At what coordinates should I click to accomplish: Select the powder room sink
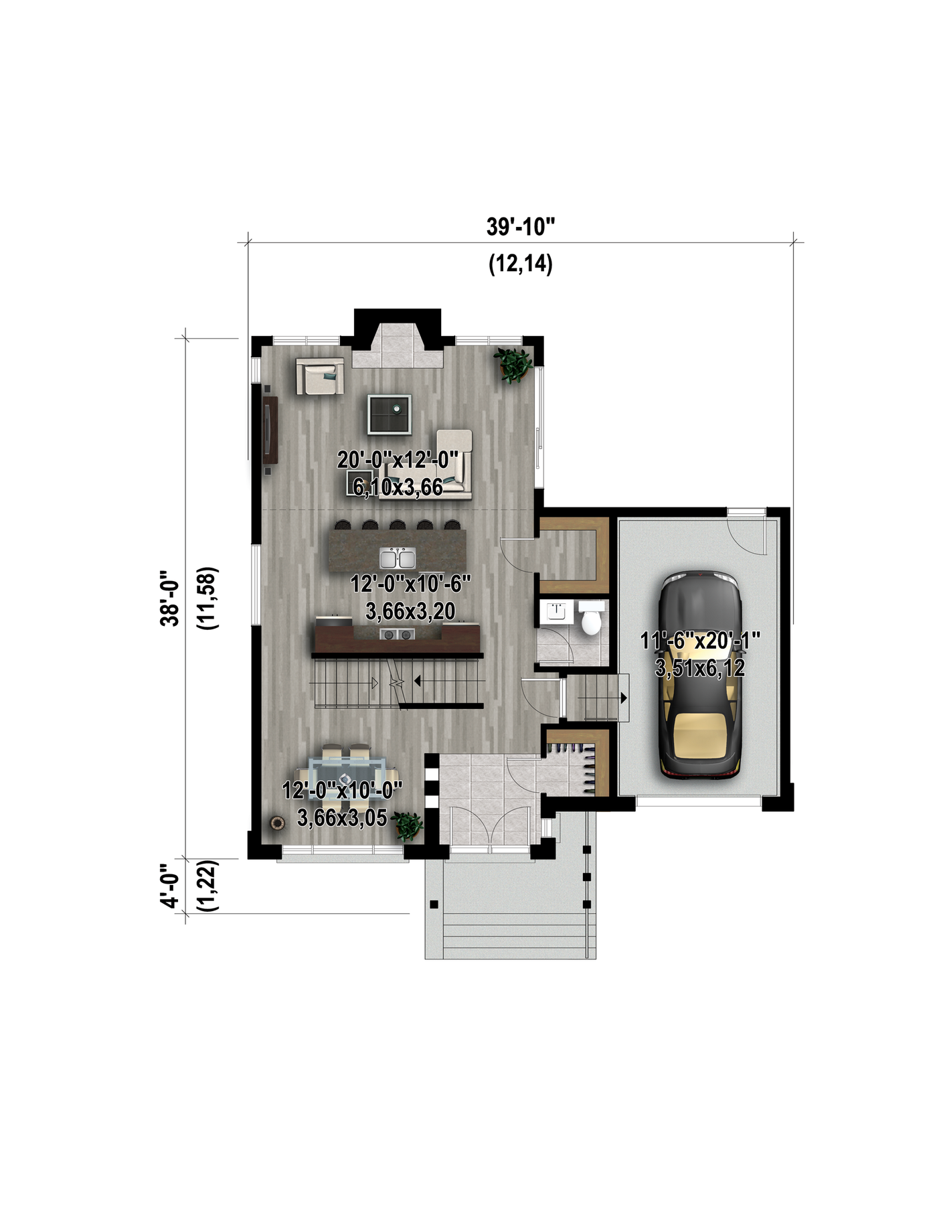coord(557,611)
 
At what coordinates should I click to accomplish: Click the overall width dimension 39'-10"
coord(521,227)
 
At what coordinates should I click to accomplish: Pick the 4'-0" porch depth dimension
coord(170,885)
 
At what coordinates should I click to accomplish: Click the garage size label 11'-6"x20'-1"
coord(700,641)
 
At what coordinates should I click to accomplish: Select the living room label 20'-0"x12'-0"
coord(398,461)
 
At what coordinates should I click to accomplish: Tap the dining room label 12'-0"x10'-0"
coord(342,791)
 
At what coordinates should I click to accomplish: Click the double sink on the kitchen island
coord(398,558)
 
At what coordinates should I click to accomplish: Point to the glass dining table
coord(348,775)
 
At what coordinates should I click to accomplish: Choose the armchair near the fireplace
coord(320,376)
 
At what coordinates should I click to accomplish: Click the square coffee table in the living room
coord(389,414)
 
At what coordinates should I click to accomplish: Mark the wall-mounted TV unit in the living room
coord(270,429)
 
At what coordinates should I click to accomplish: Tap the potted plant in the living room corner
coord(514,365)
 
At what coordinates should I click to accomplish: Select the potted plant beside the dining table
coord(407,825)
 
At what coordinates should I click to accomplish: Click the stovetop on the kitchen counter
coord(396,633)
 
